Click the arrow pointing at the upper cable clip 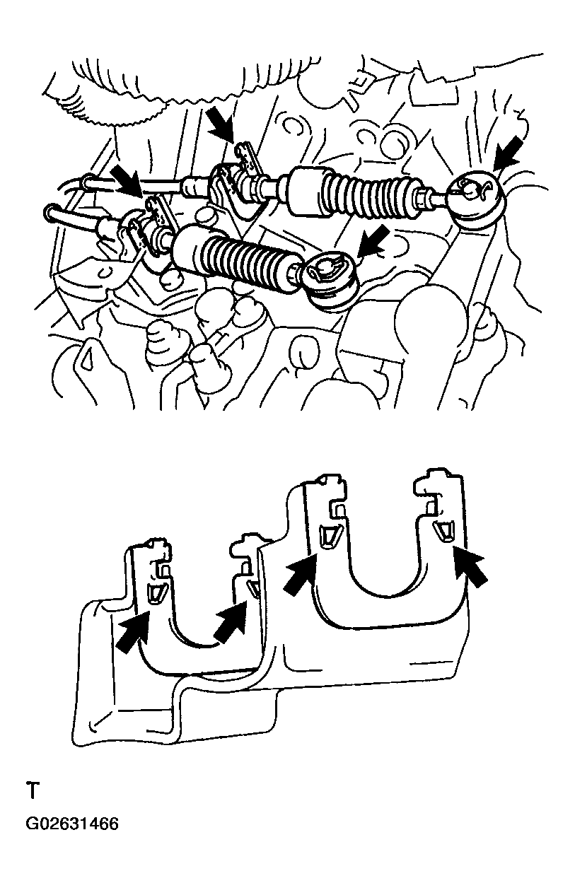click(220, 125)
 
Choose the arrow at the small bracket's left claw click(133, 632)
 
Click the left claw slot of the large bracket click(327, 537)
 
